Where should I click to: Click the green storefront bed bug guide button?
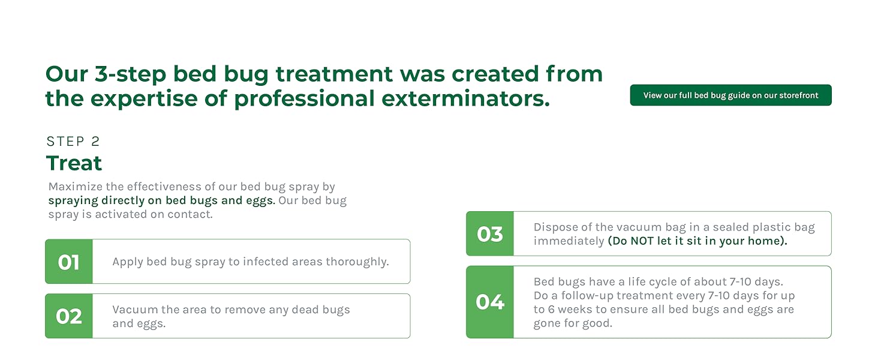click(730, 95)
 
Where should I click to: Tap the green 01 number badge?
click(68, 262)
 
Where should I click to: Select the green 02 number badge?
click(68, 316)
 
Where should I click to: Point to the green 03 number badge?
click(489, 233)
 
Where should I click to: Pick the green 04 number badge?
click(489, 302)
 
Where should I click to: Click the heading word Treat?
click(74, 163)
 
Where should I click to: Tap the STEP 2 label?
click(73, 142)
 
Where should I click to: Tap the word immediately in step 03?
click(569, 241)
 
